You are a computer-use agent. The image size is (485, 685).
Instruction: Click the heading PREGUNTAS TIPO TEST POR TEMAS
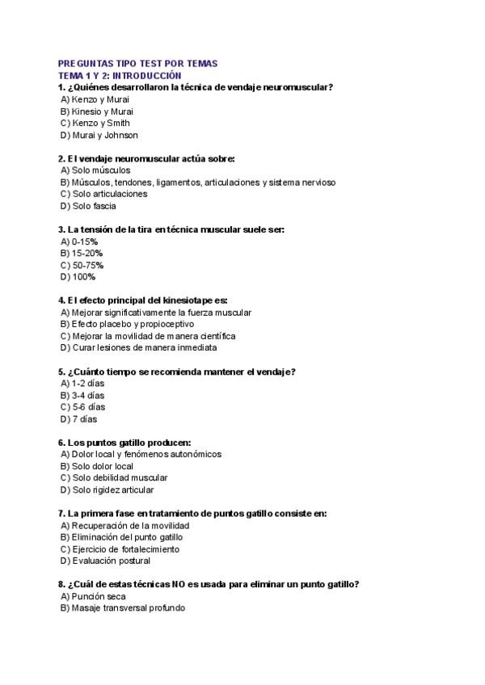pyautogui.click(x=138, y=64)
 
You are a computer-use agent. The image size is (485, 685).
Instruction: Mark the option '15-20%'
pyautogui.click(x=82, y=253)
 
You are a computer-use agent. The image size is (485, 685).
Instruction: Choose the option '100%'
pyautogui.click(x=78, y=276)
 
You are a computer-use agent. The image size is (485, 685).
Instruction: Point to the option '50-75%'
pyautogui.click(x=82, y=265)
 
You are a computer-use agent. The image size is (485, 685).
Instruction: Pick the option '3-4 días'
pyautogui.click(x=82, y=395)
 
